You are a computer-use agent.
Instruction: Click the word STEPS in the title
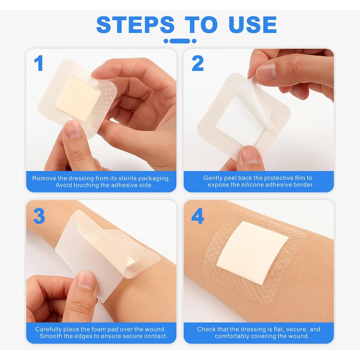[x=135, y=25]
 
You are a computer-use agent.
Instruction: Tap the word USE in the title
[x=252, y=25]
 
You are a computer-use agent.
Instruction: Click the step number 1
[x=38, y=63]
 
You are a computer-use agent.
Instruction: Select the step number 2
[x=198, y=63]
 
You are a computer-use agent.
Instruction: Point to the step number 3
[x=39, y=216]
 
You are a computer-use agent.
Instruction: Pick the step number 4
[x=198, y=216]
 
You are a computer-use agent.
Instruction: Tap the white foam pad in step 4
[x=252, y=253]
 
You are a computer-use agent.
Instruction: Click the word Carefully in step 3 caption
[x=48, y=329]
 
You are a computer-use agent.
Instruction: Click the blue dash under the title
[x=180, y=41]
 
